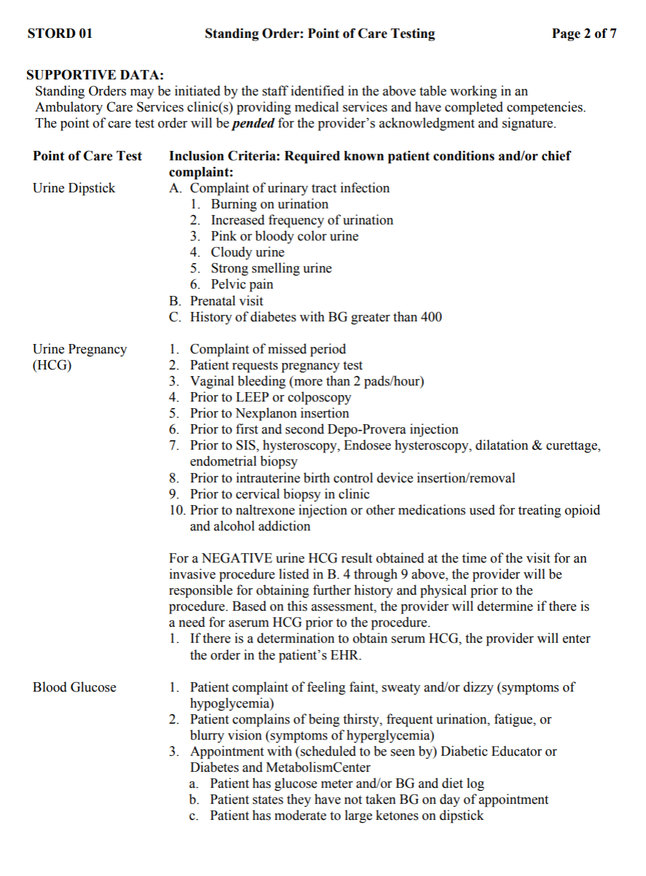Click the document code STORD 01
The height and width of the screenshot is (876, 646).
(x=60, y=34)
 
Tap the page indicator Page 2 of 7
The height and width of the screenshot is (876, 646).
(x=584, y=34)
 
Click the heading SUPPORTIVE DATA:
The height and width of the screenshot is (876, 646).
(x=95, y=75)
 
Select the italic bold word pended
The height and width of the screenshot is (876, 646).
(x=253, y=123)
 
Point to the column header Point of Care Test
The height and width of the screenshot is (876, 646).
(x=87, y=156)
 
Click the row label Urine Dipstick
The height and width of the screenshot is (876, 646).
(x=74, y=188)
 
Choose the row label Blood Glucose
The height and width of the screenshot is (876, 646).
(x=74, y=687)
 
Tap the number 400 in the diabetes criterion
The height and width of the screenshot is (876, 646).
(x=430, y=317)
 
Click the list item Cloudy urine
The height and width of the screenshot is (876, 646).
(x=248, y=252)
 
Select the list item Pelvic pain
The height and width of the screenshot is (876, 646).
(x=242, y=284)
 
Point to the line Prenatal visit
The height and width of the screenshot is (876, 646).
(x=227, y=301)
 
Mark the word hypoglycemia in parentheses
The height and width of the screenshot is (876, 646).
(x=228, y=703)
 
